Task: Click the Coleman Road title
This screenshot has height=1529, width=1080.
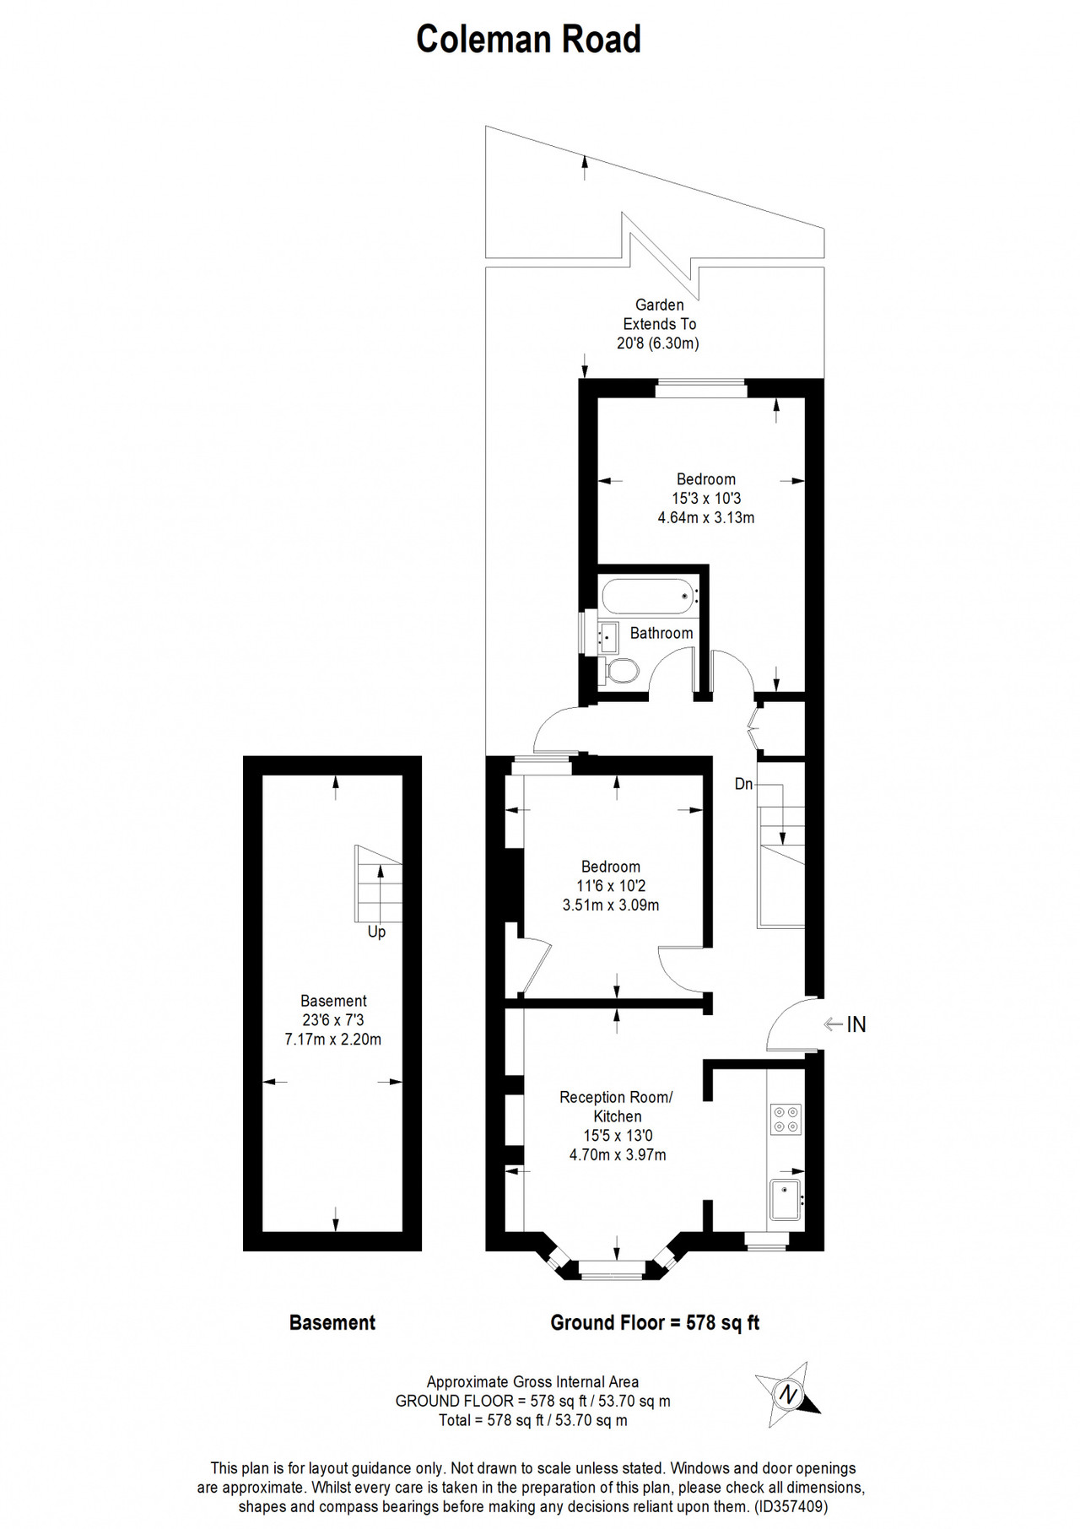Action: [x=529, y=39]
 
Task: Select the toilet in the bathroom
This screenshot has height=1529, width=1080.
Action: [x=620, y=672]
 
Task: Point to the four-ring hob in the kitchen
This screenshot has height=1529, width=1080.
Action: [x=786, y=1119]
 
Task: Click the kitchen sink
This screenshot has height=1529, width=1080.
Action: [x=786, y=1200]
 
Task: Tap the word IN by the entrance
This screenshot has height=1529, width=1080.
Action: [x=856, y=1024]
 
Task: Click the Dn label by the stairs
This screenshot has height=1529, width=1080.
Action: [x=743, y=784]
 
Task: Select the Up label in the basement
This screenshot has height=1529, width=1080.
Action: [x=376, y=932]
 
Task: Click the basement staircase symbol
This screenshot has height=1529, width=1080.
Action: [x=378, y=883]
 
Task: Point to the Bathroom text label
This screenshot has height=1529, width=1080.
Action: [x=661, y=633]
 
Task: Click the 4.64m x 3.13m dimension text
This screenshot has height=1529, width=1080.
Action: [x=706, y=517]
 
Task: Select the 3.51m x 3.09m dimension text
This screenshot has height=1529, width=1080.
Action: [x=611, y=905]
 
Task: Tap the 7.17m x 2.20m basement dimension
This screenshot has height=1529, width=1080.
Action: [x=333, y=1040]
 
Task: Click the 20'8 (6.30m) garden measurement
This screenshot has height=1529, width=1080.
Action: [x=658, y=343]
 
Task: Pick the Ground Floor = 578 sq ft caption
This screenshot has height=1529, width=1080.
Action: [x=655, y=1323]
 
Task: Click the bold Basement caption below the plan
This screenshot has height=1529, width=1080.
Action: [x=332, y=1323]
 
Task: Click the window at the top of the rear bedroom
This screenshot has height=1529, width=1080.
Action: [x=702, y=388]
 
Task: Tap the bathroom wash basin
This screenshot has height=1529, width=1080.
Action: [x=608, y=636]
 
